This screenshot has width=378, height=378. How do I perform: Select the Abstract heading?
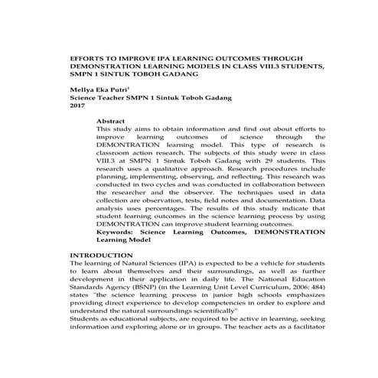coord(111,122)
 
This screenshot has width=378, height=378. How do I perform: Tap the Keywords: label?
coord(118,230)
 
